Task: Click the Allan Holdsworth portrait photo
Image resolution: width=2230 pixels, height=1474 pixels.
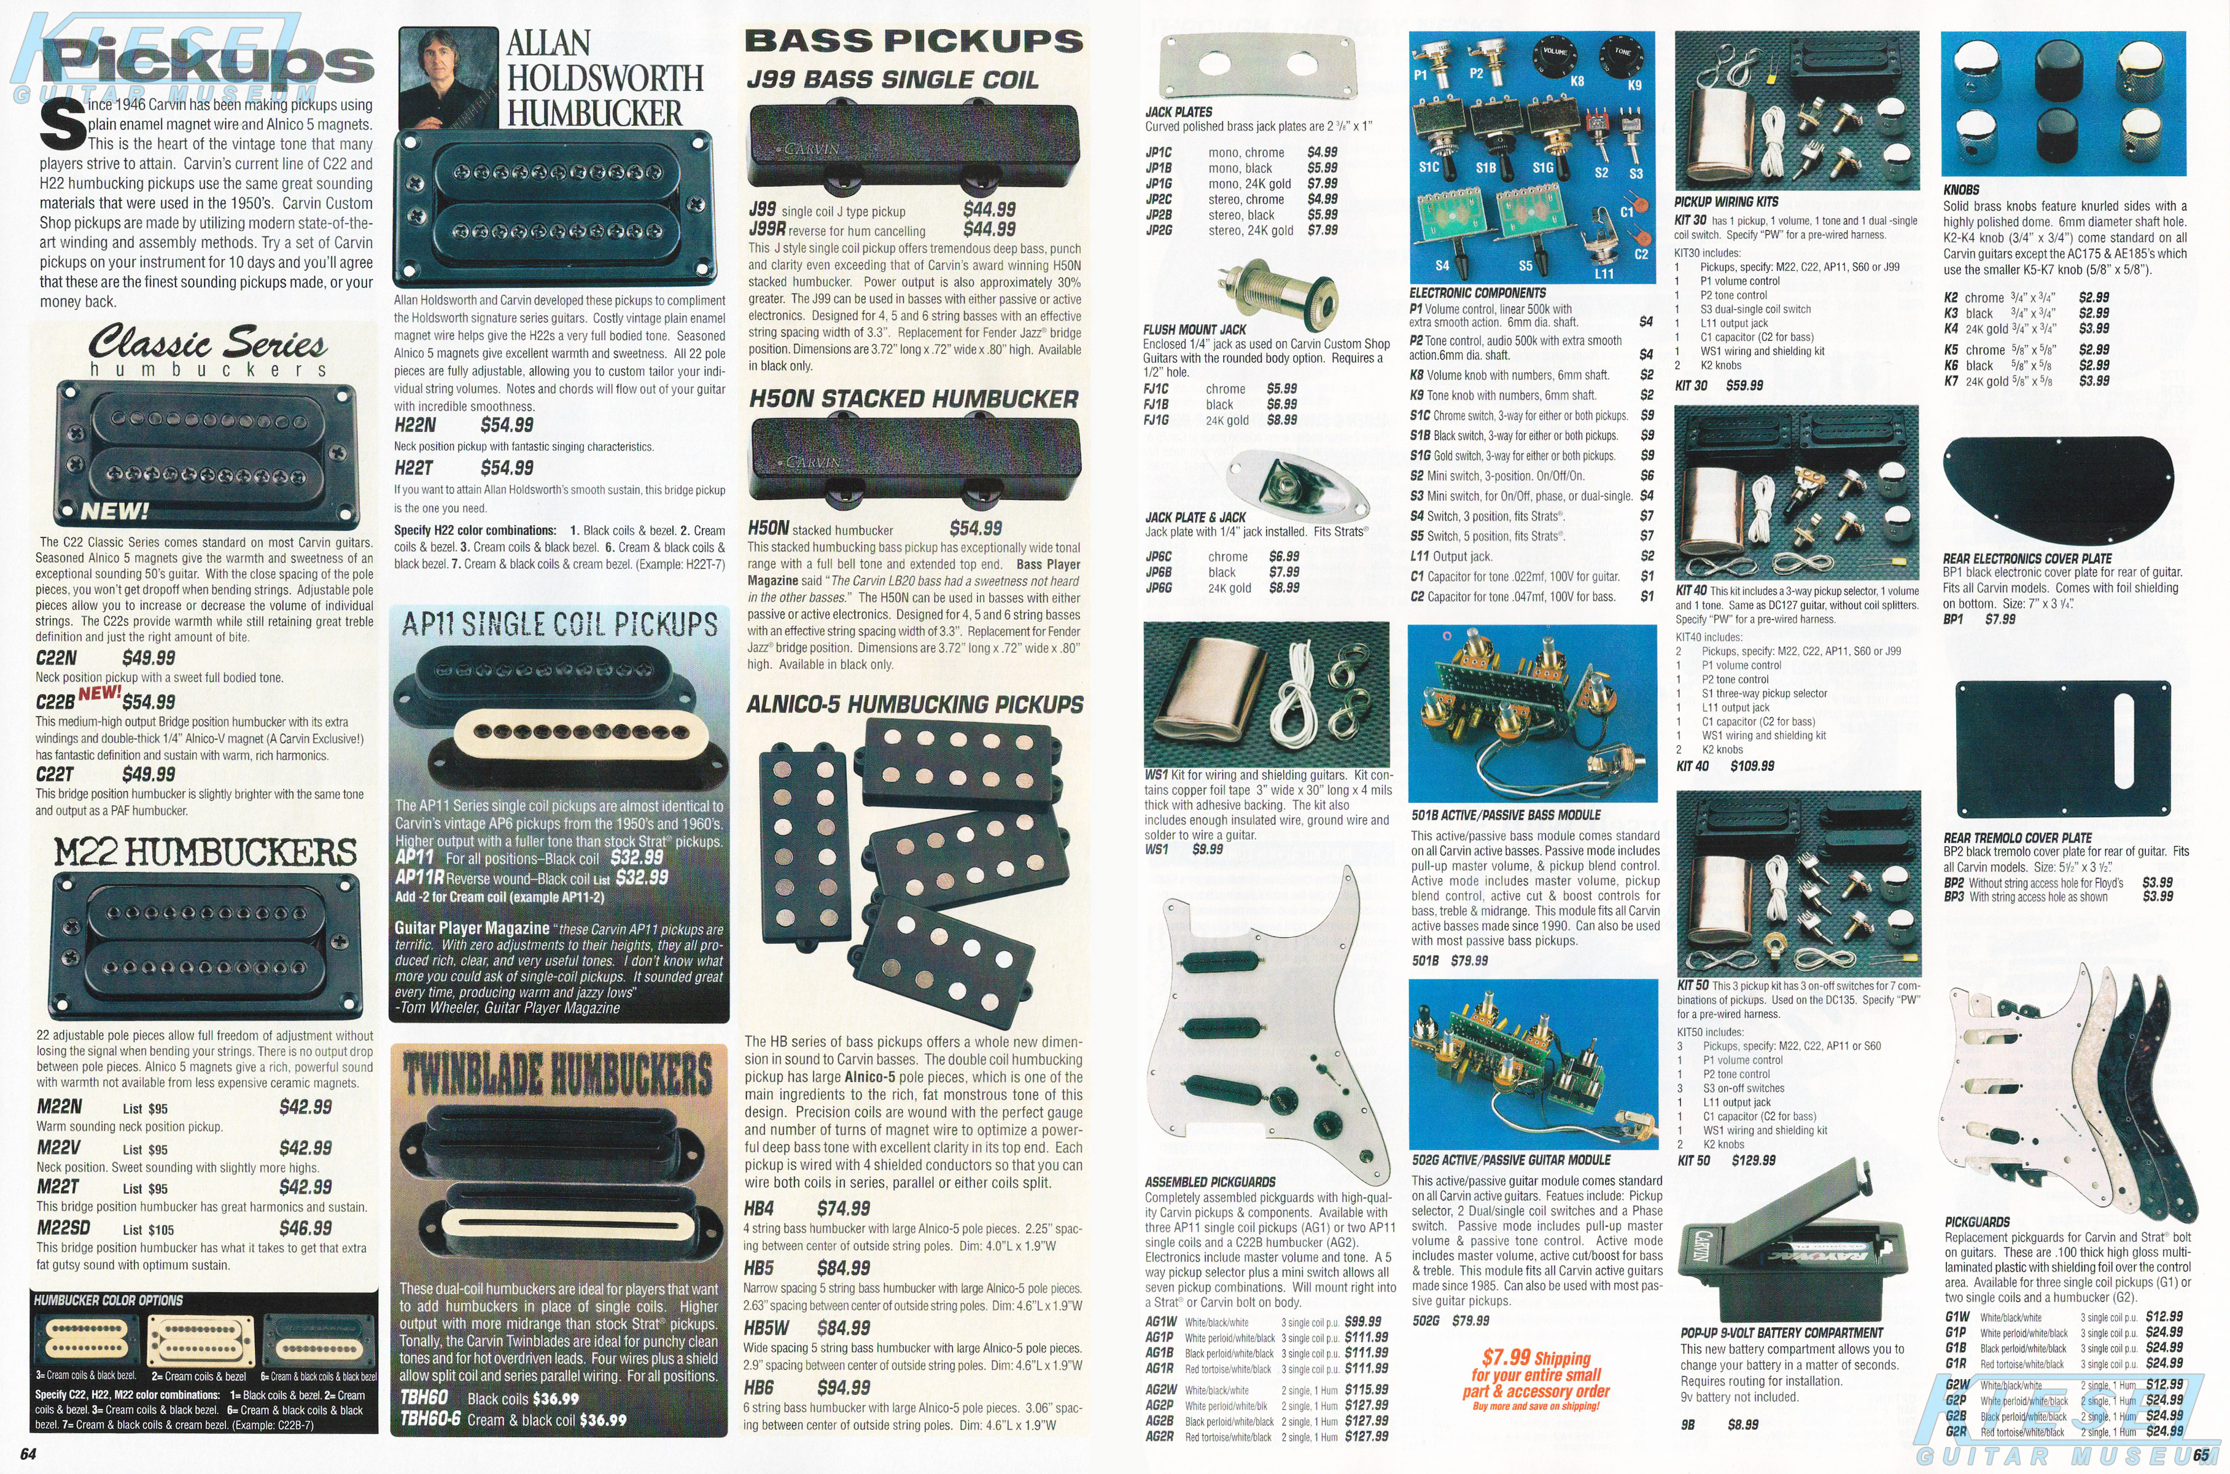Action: (448, 77)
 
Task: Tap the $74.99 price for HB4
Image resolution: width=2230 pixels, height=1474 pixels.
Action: (843, 1208)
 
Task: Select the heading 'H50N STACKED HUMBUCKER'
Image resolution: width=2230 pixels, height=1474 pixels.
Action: (914, 400)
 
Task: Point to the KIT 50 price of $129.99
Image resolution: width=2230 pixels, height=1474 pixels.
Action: (1754, 1160)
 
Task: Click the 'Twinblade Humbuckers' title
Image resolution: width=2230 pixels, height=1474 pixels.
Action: (558, 1074)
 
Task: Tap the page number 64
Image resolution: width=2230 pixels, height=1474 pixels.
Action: (28, 1454)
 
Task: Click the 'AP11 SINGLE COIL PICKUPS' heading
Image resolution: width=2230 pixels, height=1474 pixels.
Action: (560, 624)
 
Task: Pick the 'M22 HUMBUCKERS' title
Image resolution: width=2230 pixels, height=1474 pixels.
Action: (205, 852)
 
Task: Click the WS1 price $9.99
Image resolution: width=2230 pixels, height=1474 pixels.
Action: (1208, 849)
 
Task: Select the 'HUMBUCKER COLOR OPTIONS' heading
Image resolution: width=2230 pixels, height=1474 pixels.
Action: (108, 1300)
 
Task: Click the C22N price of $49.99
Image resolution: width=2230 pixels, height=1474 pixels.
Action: (149, 658)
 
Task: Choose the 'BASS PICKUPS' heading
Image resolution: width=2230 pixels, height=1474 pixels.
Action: (914, 41)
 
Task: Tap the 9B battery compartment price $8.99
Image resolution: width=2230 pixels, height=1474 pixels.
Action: (1742, 1425)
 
